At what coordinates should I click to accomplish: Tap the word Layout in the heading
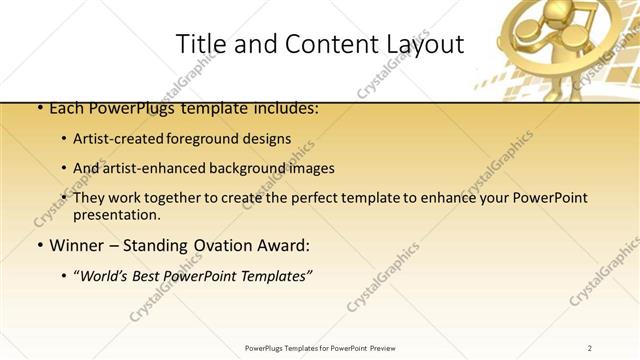coord(426,43)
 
